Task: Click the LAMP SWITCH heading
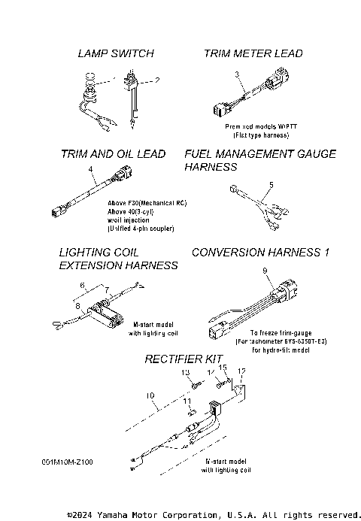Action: (x=116, y=53)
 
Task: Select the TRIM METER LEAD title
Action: (x=253, y=53)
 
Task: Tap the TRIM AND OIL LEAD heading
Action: (x=113, y=154)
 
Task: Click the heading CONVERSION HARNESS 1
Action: (x=261, y=253)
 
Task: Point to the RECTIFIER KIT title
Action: (x=184, y=360)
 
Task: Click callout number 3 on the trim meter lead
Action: (x=236, y=74)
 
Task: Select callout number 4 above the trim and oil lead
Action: (x=90, y=171)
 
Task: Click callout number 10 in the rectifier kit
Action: (x=150, y=394)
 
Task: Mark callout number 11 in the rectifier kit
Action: (x=187, y=403)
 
